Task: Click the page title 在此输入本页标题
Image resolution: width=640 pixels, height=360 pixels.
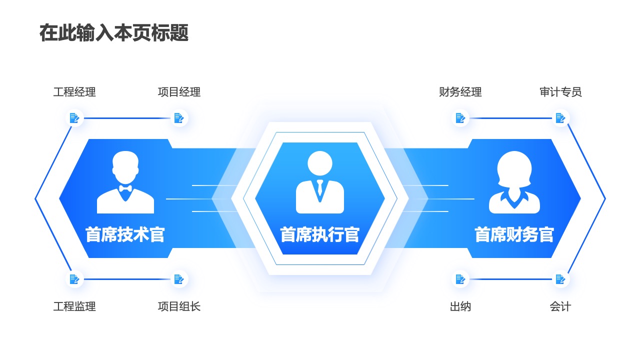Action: [114, 33]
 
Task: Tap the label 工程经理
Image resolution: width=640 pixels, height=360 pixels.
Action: [74, 92]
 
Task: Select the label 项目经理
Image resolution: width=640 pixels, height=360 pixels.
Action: [179, 92]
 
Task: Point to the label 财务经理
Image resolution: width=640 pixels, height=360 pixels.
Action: [460, 92]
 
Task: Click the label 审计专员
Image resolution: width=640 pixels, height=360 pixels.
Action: [560, 92]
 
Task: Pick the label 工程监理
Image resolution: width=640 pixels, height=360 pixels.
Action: [74, 306]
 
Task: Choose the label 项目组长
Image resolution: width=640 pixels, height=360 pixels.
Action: [179, 306]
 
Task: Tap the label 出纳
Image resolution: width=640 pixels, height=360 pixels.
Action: [460, 306]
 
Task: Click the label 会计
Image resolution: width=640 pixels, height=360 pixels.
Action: [560, 306]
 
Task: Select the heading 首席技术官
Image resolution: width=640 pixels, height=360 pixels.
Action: [125, 234]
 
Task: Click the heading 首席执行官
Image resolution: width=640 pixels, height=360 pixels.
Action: [319, 234]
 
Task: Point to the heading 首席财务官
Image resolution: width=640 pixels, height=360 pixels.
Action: [514, 234]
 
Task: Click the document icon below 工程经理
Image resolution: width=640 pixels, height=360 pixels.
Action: [74, 118]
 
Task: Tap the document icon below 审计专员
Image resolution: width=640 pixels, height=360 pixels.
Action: [560, 118]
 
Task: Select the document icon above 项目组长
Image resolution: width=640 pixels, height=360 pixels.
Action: [179, 279]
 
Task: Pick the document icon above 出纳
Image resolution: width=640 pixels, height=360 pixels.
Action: [460, 279]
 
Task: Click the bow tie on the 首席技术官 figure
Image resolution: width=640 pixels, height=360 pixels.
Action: [125, 189]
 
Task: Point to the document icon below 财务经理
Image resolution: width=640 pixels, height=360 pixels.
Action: [460, 118]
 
